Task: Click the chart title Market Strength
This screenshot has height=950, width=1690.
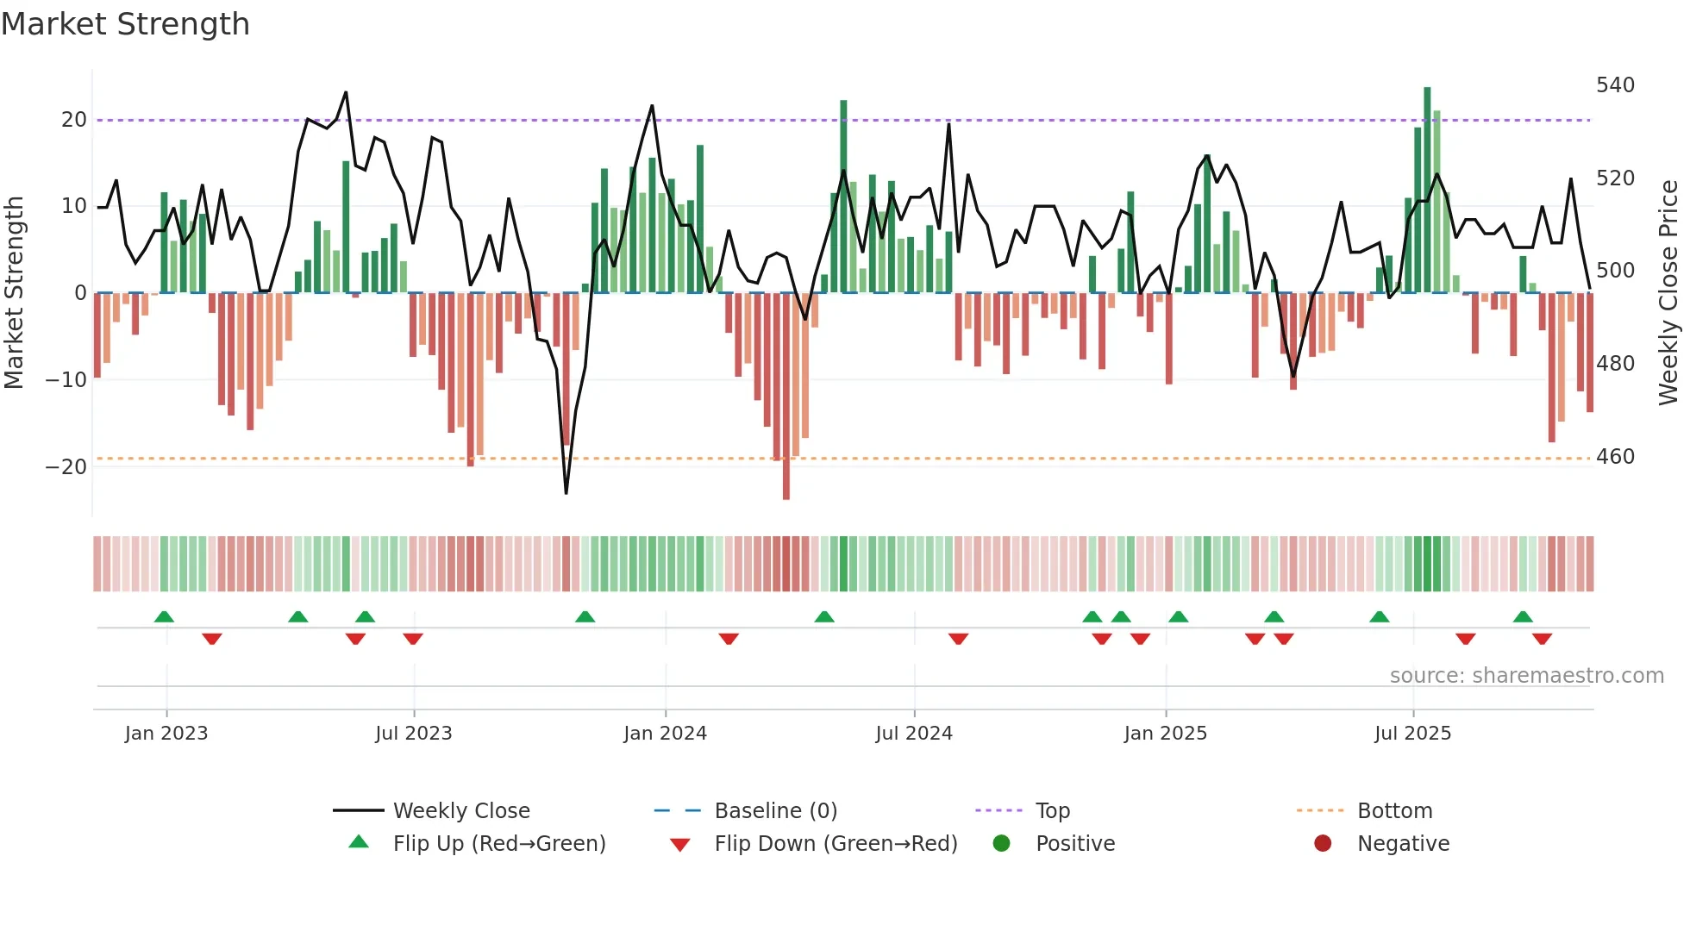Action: click(x=126, y=24)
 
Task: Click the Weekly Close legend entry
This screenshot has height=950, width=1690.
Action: click(x=460, y=810)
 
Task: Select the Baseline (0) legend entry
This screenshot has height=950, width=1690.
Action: click(x=775, y=810)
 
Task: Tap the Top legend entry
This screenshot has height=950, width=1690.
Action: click(x=1052, y=810)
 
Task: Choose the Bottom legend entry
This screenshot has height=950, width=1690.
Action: click(x=1394, y=810)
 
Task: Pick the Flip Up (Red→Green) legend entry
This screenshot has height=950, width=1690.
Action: click(x=498, y=843)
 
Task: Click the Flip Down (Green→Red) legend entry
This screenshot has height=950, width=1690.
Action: click(x=835, y=843)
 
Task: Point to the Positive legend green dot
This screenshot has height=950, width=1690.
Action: click(x=1001, y=843)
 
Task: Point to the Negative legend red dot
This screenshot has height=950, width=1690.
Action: click(x=1323, y=843)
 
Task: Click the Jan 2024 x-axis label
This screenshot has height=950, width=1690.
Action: click(x=665, y=734)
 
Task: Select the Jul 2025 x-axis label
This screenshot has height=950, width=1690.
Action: click(x=1412, y=734)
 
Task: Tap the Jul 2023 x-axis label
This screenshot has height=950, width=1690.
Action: click(x=413, y=734)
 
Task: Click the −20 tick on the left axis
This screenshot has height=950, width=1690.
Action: click(x=66, y=467)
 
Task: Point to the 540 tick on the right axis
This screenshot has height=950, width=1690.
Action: click(x=1615, y=85)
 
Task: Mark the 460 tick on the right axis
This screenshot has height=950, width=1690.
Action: click(x=1615, y=457)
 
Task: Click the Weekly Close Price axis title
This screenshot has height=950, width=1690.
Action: click(x=1669, y=293)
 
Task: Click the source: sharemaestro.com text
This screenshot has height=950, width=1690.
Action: click(x=1526, y=676)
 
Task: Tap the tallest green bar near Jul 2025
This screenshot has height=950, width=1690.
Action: click(x=1427, y=190)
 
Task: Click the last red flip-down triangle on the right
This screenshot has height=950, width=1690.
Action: click(x=1542, y=639)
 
